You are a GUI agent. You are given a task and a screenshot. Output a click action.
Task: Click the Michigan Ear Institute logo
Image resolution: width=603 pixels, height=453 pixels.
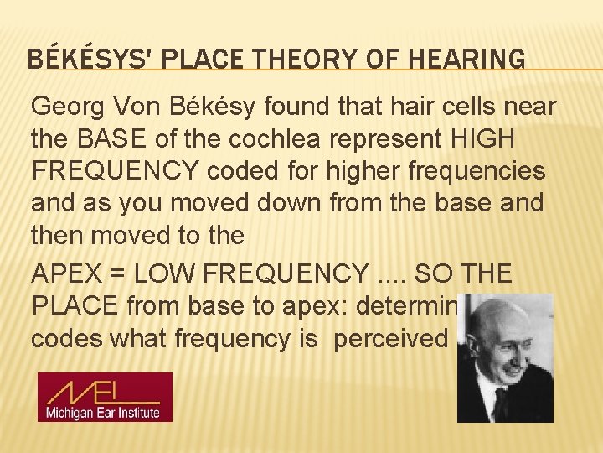[105, 397]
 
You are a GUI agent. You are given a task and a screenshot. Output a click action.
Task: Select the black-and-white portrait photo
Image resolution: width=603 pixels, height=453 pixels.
[505, 357]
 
